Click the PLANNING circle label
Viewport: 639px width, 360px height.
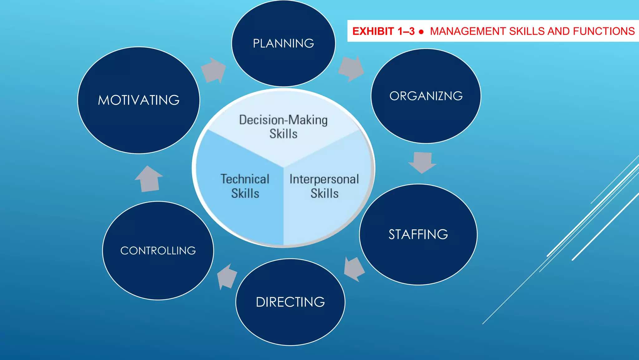[283, 43]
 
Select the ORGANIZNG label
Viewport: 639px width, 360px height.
[426, 96]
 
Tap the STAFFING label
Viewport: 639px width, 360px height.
[418, 234]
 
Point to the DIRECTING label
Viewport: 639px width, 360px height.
[290, 302]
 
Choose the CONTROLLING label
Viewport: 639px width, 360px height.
[158, 251]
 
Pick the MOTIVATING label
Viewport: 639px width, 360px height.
[139, 100]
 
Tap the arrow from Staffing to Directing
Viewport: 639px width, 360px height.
[354, 269]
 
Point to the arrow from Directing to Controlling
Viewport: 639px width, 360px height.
[227, 277]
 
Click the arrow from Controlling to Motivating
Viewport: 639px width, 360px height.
[149, 179]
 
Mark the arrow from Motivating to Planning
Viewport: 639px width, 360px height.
[213, 70]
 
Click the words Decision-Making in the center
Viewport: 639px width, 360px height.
[283, 120]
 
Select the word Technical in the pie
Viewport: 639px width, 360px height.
[245, 179]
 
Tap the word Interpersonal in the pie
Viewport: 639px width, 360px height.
[324, 179]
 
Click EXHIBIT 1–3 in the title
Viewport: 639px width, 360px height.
[383, 31]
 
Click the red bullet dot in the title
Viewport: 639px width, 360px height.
[422, 32]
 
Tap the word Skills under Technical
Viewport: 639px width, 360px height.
[245, 193]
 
